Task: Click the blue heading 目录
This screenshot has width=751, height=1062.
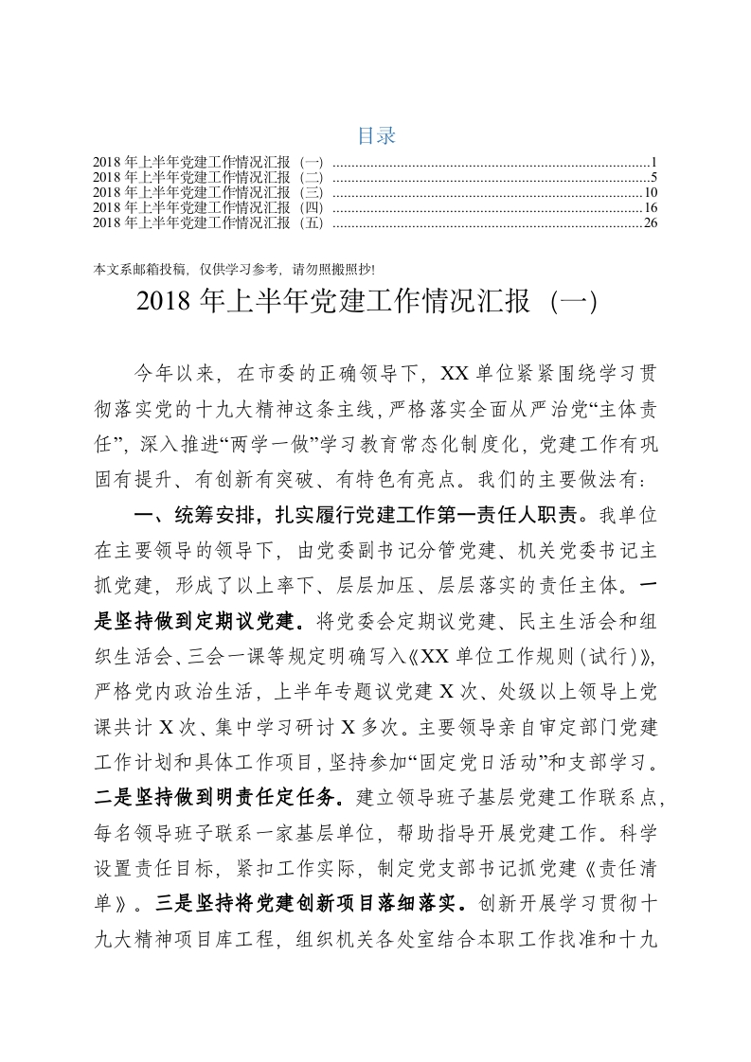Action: click(x=376, y=135)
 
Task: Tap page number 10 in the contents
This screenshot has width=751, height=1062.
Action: click(x=651, y=193)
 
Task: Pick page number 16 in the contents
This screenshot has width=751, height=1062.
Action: click(x=651, y=208)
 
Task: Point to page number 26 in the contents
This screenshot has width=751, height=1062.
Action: click(x=651, y=223)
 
